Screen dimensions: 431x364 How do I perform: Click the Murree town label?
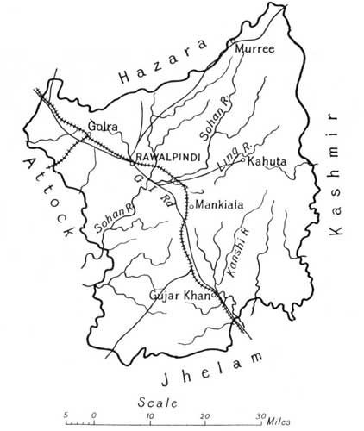click(x=255, y=49)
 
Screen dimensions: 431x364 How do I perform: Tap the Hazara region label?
click(x=165, y=63)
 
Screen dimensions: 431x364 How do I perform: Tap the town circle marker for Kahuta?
click(x=244, y=161)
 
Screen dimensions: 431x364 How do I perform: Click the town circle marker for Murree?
click(x=230, y=41)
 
